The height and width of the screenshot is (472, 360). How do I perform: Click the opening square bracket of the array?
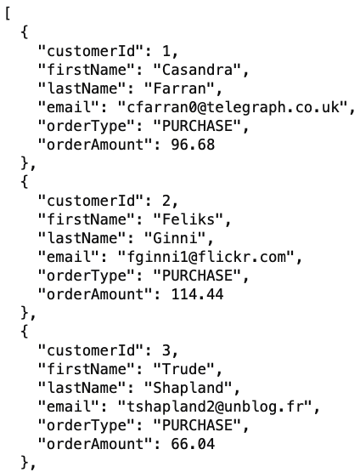[8, 14]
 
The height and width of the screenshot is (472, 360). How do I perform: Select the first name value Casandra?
[198, 70]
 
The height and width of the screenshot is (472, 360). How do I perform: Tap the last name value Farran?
[180, 88]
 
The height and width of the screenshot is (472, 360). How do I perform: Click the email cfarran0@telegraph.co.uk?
[233, 107]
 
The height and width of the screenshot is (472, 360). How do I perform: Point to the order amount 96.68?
[193, 145]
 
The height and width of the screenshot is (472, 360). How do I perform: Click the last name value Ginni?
[175, 238]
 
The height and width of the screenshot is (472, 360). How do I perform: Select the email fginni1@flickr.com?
[206, 257]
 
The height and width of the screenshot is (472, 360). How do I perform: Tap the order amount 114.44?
[198, 293]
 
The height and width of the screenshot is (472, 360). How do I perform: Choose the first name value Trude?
[184, 368]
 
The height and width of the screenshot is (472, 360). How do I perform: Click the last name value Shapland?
[188, 388]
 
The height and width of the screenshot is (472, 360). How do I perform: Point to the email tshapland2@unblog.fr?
[216, 406]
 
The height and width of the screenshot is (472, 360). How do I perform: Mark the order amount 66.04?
[193, 443]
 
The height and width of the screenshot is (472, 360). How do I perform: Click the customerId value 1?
[166, 51]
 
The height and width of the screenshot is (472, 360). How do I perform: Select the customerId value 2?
[166, 201]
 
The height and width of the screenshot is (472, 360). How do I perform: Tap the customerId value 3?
[166, 350]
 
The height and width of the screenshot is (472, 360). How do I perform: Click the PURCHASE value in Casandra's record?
[198, 126]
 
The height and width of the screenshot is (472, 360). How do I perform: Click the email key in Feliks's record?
[69, 257]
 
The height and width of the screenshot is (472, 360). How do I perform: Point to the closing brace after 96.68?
[25, 163]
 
